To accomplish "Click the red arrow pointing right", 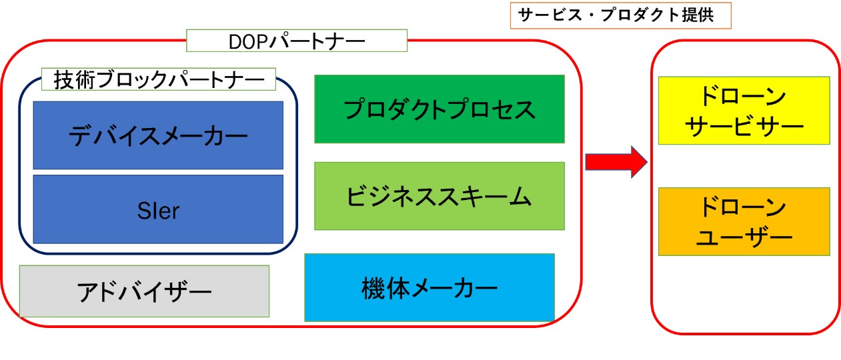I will [x=616, y=162].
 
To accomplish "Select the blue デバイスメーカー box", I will [x=158, y=135].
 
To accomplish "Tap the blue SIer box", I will [x=158, y=209].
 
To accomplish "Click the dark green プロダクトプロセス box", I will [x=439, y=109].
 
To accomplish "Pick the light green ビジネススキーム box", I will [x=439, y=196].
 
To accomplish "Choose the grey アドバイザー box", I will [x=144, y=291].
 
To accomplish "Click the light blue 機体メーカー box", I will [x=430, y=287].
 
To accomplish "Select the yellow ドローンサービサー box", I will [x=744, y=111].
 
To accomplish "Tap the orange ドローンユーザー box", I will [x=744, y=221].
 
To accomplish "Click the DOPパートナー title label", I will [x=297, y=41].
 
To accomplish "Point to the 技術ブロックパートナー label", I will [x=159, y=80].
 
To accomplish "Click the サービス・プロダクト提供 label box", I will [x=620, y=15].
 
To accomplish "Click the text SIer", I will [x=158, y=211].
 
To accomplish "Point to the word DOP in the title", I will [x=247, y=41].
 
